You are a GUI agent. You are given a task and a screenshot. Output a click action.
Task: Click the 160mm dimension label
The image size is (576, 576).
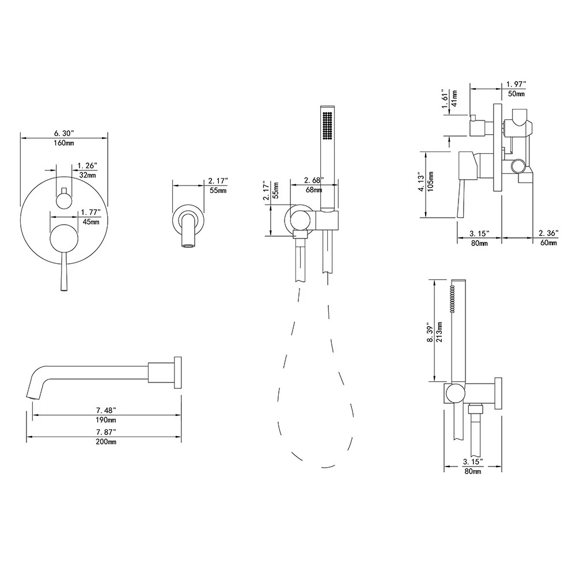pos(65,143)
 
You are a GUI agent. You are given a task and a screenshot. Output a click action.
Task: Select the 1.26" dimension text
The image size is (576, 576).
pos(87,166)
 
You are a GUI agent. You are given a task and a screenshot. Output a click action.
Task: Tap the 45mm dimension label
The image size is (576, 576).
pos(90,222)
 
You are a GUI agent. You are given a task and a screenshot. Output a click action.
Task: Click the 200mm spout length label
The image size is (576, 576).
pos(106,442)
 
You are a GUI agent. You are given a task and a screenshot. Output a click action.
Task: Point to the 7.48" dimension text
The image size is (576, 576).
pos(106,410)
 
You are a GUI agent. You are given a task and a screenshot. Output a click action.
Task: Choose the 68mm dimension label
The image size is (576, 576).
pos(313,190)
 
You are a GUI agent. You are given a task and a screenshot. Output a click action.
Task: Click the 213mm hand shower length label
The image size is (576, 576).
pos(439,331)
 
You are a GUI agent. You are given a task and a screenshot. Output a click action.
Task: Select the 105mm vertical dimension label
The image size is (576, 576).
pos(431,181)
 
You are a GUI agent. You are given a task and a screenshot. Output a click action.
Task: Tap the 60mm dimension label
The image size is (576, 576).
pos(548,243)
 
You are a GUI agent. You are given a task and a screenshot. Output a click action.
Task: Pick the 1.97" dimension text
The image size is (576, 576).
pos(516,85)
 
